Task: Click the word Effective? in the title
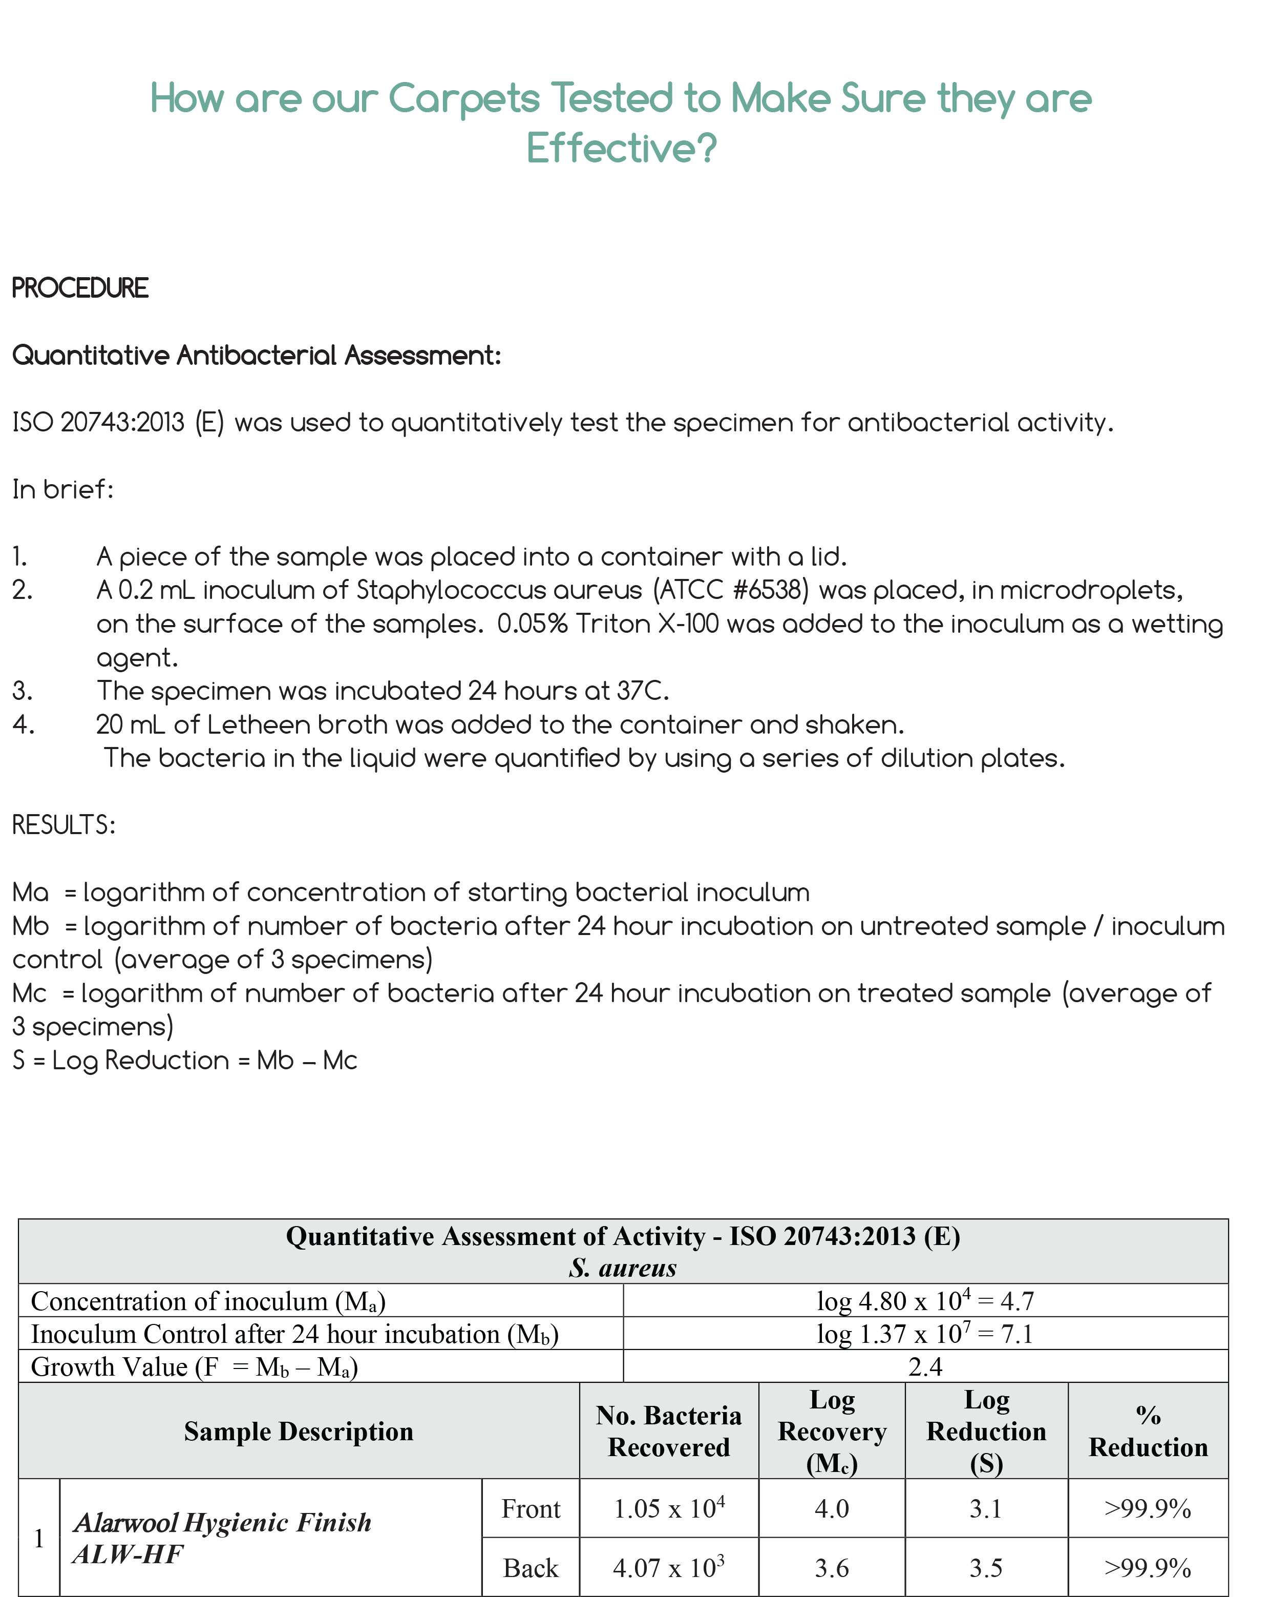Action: [x=621, y=148]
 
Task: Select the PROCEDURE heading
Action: [x=80, y=288]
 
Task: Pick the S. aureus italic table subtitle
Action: [x=622, y=1268]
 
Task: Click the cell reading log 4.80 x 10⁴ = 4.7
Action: [x=925, y=1301]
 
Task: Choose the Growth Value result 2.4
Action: [x=925, y=1366]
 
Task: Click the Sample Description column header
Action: [x=299, y=1431]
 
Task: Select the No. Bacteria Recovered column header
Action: [x=669, y=1431]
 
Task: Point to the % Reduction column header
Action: [x=1148, y=1431]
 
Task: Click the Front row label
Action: [x=530, y=1509]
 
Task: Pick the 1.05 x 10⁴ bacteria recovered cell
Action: [x=669, y=1509]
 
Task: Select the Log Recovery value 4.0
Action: [x=832, y=1509]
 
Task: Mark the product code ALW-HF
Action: [x=128, y=1554]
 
